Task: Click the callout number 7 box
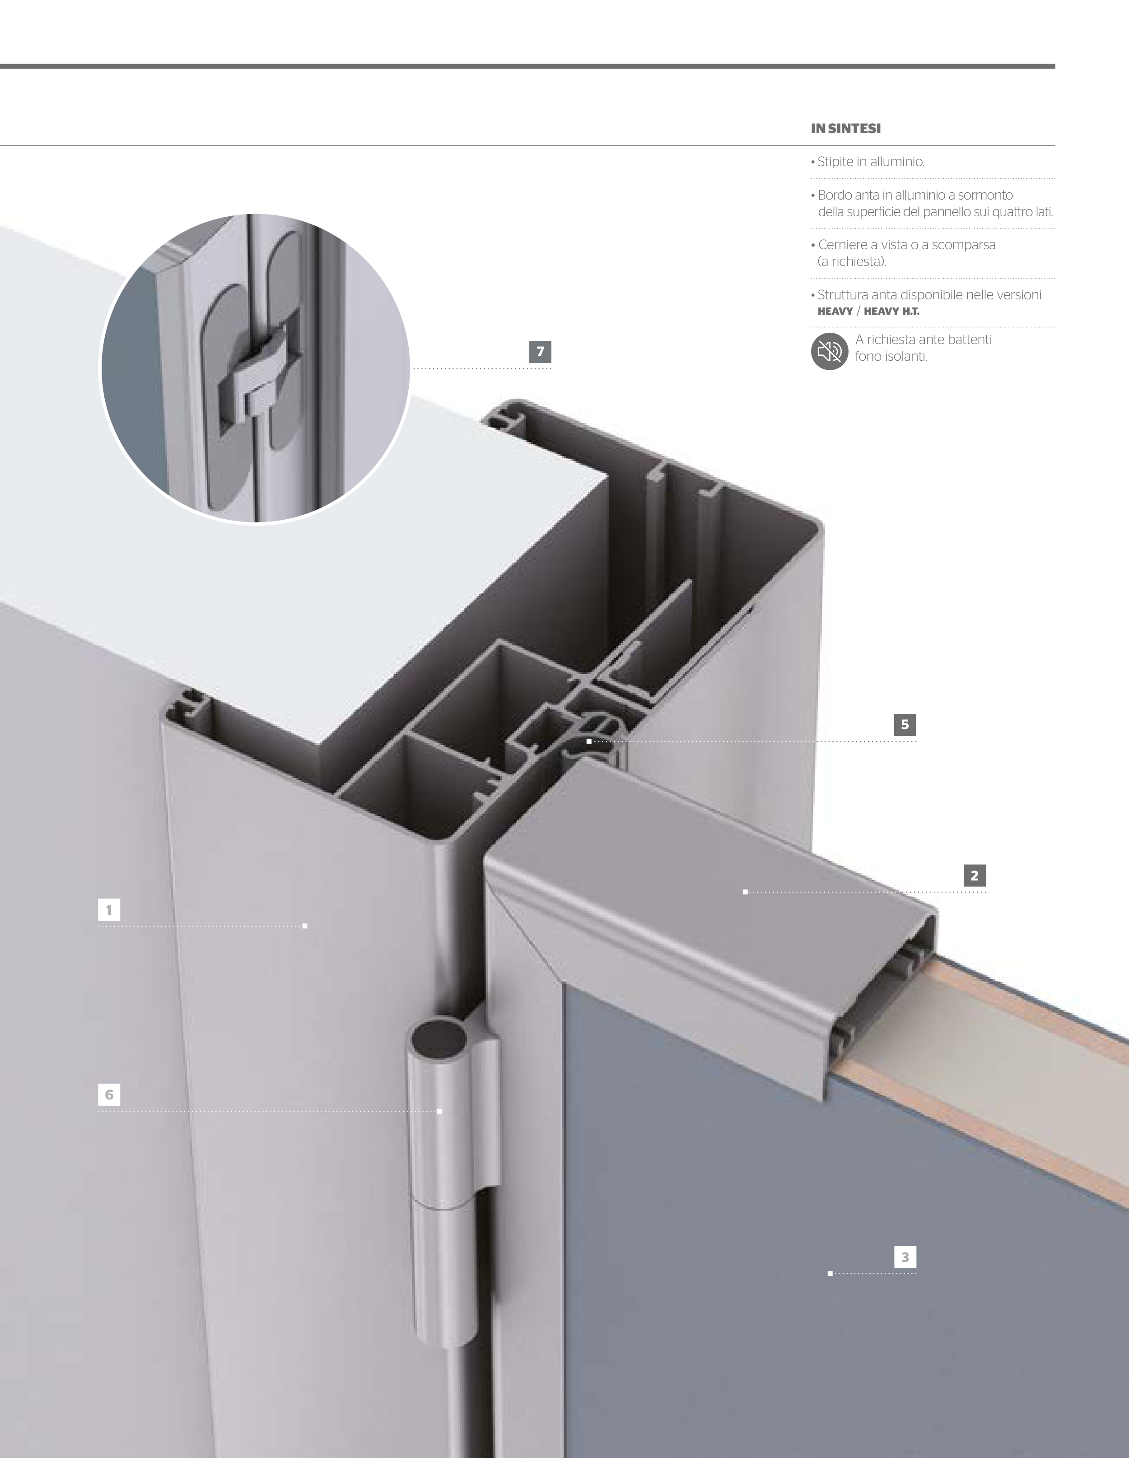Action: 540,352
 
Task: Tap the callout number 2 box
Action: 975,875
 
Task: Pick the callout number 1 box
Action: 109,909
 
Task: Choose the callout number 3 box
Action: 905,1257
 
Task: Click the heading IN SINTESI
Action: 846,129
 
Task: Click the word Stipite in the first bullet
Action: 835,162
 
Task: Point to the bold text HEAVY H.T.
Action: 891,311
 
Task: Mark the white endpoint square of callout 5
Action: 589,741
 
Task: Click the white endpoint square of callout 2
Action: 745,892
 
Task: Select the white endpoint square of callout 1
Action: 305,926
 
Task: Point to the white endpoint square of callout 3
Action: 830,1274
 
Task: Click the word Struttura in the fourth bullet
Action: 843,295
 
